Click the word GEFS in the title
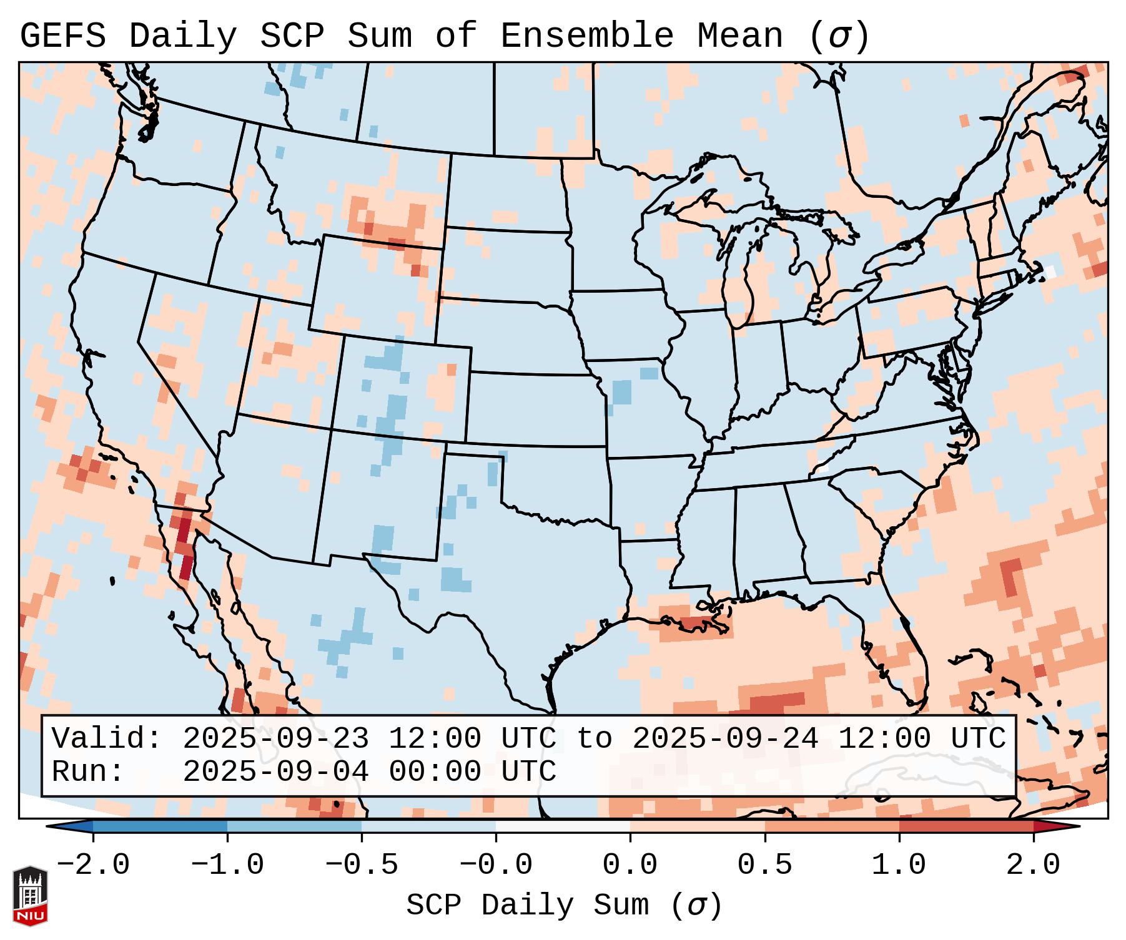(63, 36)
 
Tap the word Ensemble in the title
(587, 36)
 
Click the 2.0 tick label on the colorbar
(1034, 865)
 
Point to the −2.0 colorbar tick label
(93, 865)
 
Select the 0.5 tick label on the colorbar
(765, 865)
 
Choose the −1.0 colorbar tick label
(227, 865)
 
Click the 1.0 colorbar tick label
(899, 865)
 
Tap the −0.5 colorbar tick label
(362, 865)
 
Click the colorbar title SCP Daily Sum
(527, 905)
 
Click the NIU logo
(30, 896)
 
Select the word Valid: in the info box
(107, 739)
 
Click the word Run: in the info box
(88, 772)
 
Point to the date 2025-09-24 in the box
(725, 739)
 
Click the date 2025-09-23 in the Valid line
(275, 739)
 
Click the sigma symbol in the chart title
(839, 37)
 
